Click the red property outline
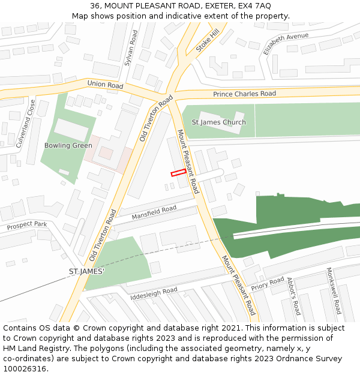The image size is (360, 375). point(178,173)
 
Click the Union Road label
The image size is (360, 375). point(105,85)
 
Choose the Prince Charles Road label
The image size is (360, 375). point(244,94)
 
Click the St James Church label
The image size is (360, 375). point(218,122)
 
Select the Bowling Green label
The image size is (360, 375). point(68,145)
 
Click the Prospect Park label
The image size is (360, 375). point(26,226)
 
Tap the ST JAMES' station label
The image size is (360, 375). point(86,272)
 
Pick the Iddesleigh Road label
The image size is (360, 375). point(154,293)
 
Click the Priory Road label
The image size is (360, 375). point(268,283)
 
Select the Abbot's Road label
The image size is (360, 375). point(293,296)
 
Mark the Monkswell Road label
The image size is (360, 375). point(333,291)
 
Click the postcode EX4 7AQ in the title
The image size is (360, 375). point(257,6)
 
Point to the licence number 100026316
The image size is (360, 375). point(24,368)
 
